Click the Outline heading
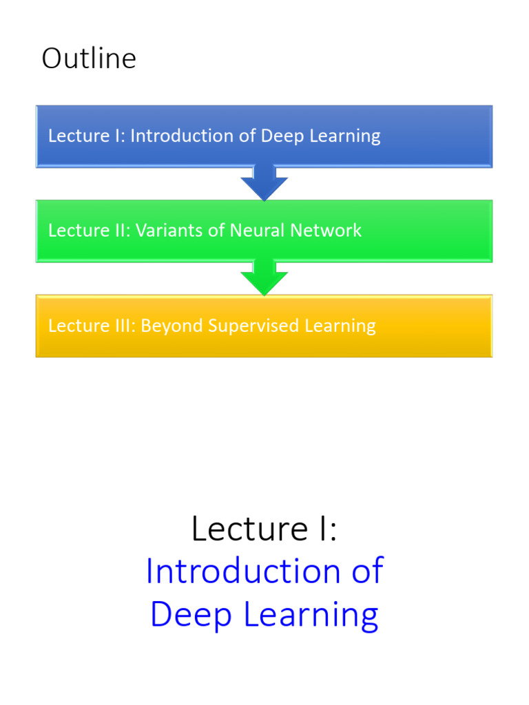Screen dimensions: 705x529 point(89,59)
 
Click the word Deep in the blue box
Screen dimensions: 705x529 point(281,136)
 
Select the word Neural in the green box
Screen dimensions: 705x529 point(254,231)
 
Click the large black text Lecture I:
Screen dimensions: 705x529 point(264,529)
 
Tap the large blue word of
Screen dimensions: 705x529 point(365,571)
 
